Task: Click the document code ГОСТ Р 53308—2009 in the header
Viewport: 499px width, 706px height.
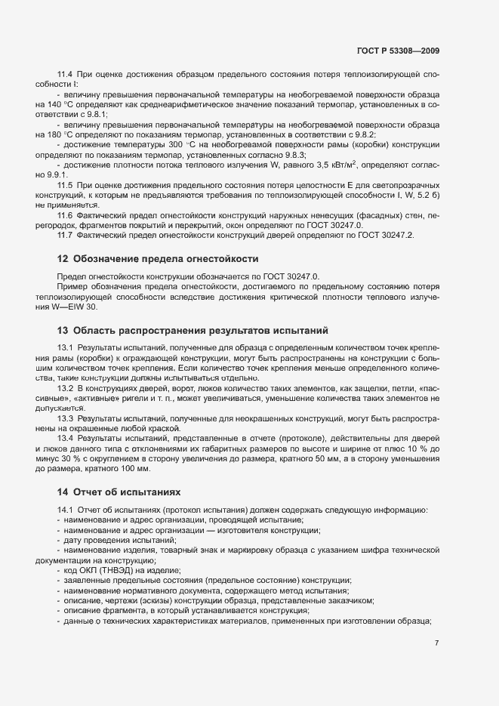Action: [397, 51]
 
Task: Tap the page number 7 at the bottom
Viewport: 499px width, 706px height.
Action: [437, 643]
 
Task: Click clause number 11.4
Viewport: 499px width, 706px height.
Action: [65, 76]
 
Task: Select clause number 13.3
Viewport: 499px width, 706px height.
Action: [65, 418]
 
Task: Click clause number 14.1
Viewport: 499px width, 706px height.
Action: [65, 510]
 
